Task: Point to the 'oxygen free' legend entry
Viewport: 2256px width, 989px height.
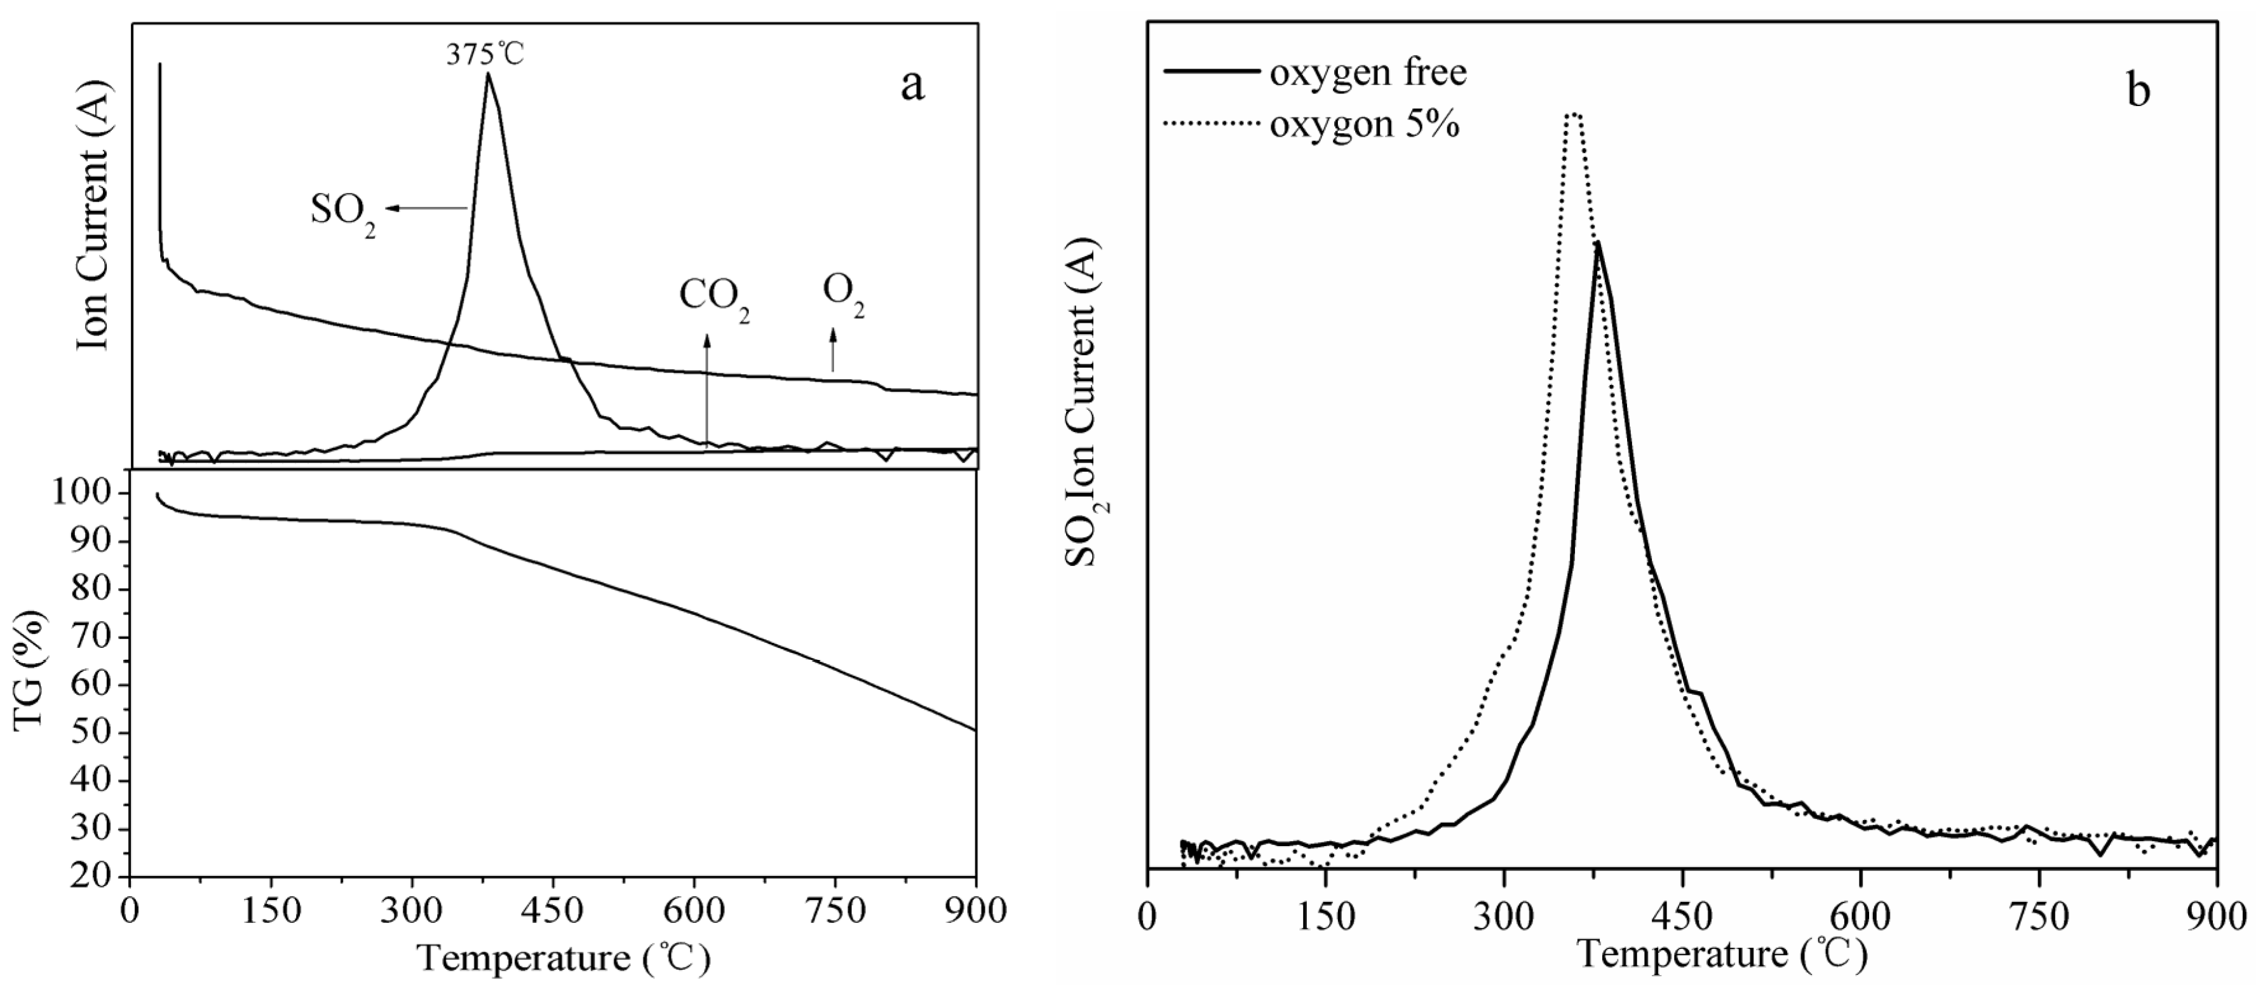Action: [x=1368, y=72]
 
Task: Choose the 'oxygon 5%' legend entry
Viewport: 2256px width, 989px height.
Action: [x=1363, y=124]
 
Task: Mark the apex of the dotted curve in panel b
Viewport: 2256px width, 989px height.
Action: [x=1574, y=113]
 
